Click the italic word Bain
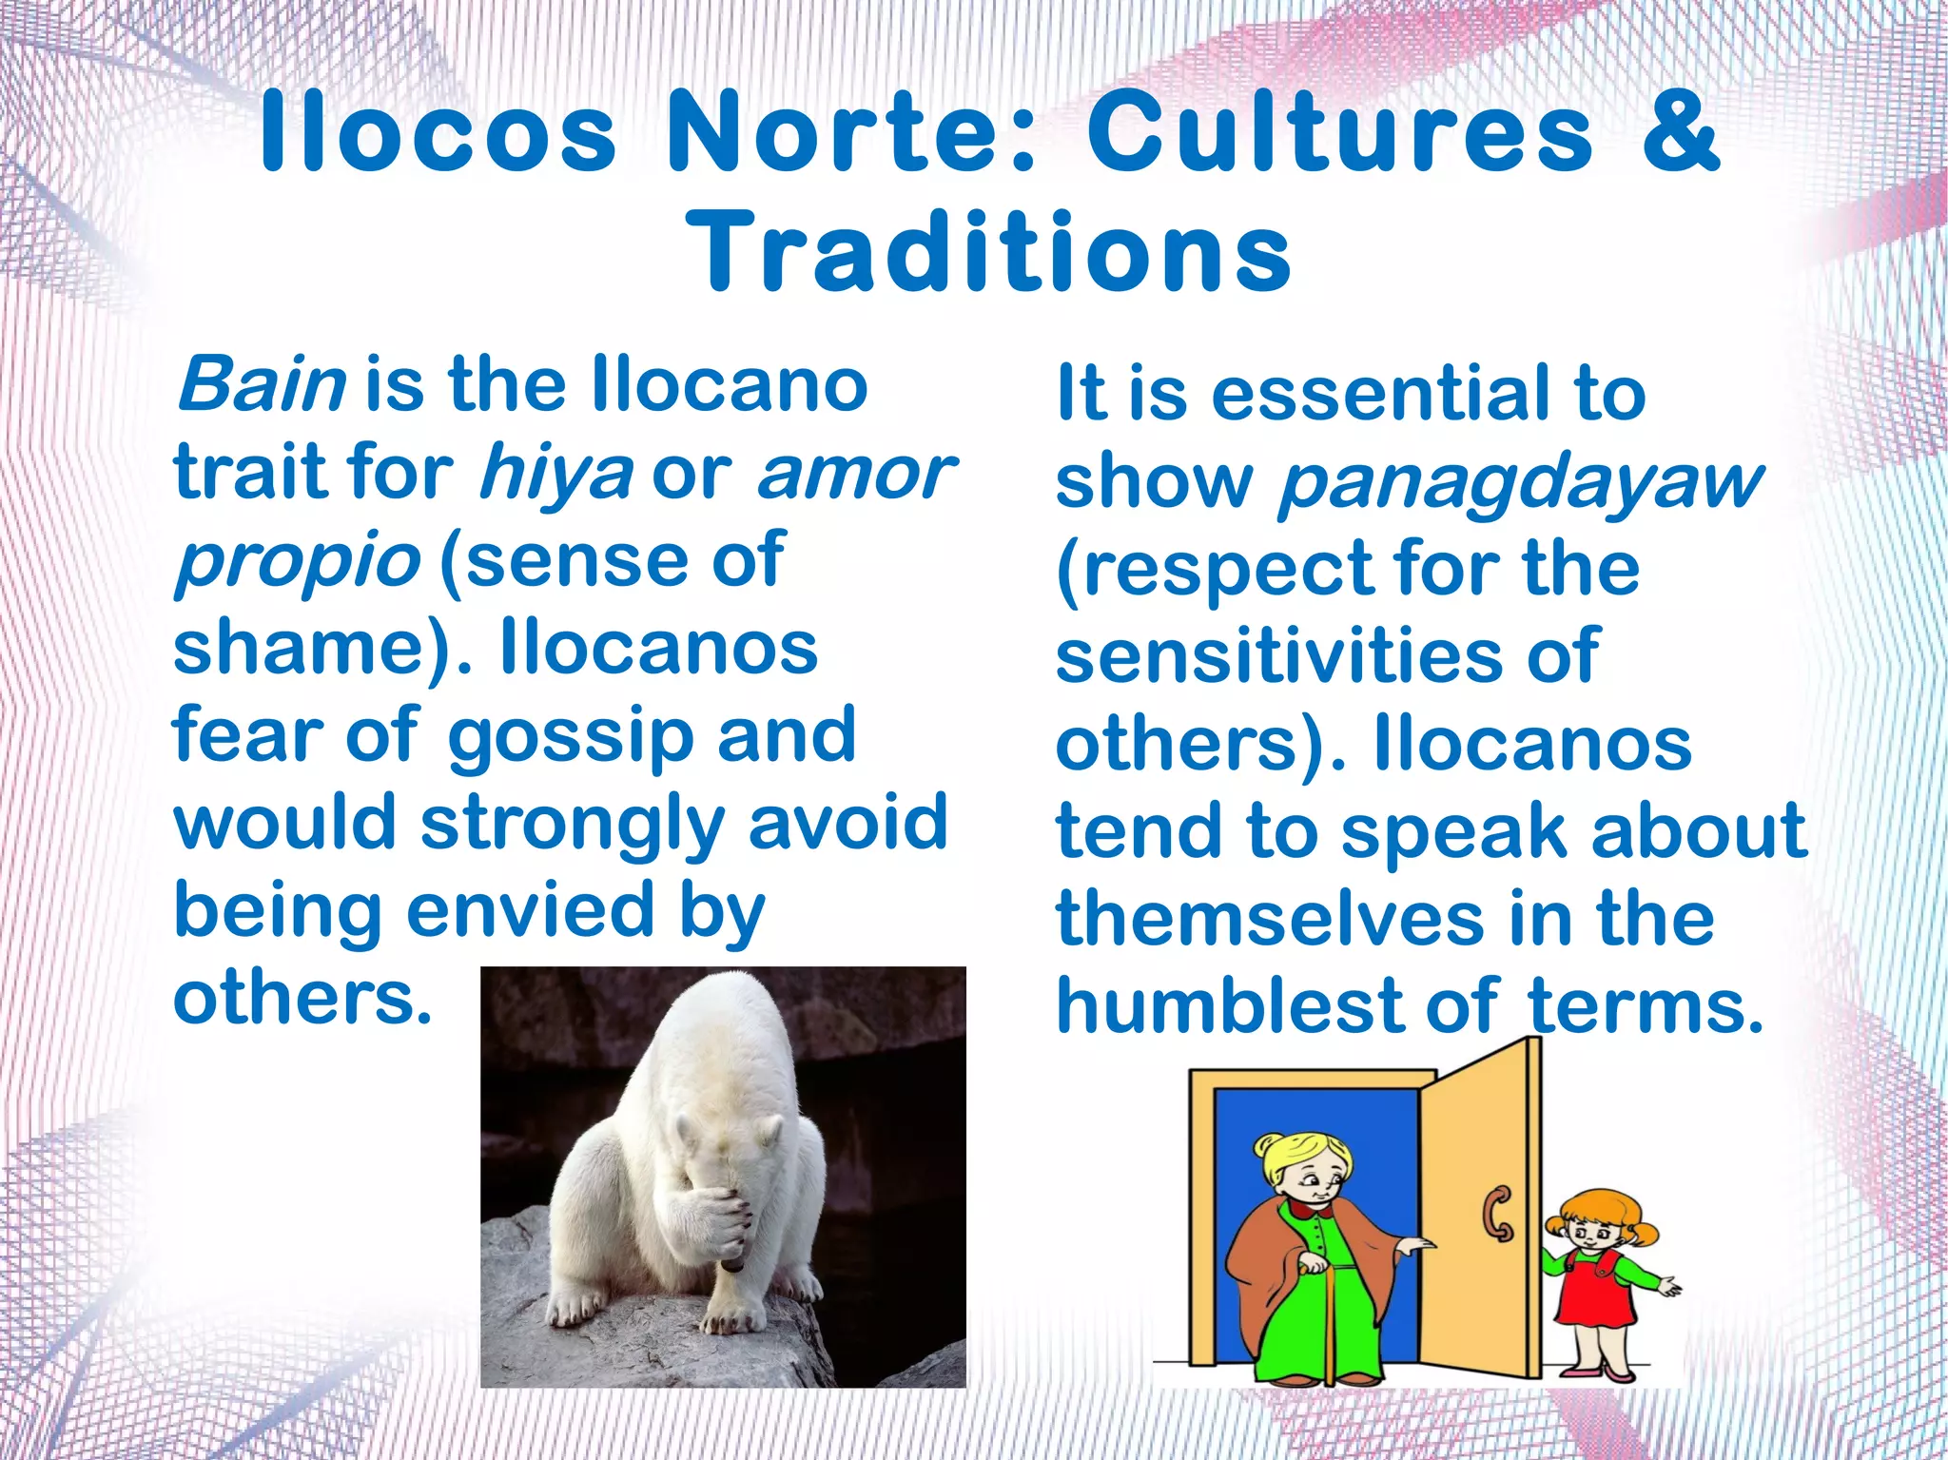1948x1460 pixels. click(x=262, y=385)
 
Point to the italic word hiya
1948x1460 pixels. click(x=555, y=473)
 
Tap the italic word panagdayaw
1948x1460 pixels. click(x=1519, y=483)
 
